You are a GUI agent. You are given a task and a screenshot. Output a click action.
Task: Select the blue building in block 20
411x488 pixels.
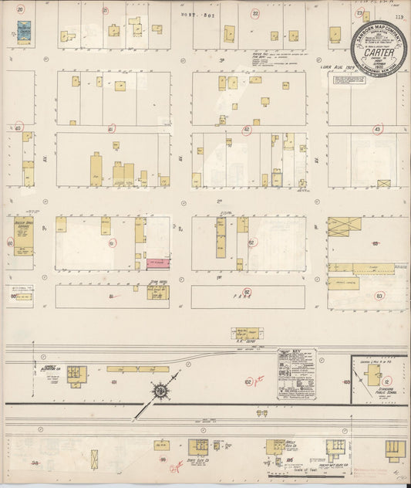pyautogui.click(x=24, y=32)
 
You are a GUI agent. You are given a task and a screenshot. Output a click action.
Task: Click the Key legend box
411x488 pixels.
pyautogui.click(x=297, y=374)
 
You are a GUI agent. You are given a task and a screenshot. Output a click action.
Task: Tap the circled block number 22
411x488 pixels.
pyautogui.click(x=255, y=13)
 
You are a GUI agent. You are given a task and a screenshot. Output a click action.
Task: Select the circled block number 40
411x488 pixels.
pyautogui.click(x=18, y=128)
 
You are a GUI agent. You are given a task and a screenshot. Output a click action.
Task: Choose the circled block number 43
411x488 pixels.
pyautogui.click(x=377, y=130)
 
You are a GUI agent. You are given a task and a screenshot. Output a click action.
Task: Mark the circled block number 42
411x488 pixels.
pyautogui.click(x=247, y=130)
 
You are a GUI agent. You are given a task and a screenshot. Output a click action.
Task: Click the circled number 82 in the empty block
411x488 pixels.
pyautogui.click(x=248, y=292)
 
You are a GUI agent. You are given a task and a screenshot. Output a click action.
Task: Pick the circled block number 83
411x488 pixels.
pyautogui.click(x=379, y=296)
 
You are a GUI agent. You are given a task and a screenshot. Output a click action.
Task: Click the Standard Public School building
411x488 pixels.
pyautogui.click(x=373, y=375)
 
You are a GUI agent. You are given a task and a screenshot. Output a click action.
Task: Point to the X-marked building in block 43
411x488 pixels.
pyautogui.click(x=383, y=184)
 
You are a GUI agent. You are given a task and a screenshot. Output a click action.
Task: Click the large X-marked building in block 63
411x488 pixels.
pyautogui.click(x=343, y=226)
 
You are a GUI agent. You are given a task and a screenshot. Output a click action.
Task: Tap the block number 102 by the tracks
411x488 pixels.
pyautogui.click(x=248, y=381)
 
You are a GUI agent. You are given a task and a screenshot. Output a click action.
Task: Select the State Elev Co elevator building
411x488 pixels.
pyautogui.click(x=198, y=446)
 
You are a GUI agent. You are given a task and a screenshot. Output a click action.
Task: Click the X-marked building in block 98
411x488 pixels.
pyautogui.click(x=94, y=457)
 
